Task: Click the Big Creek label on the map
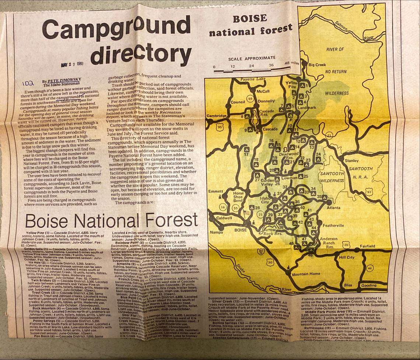(317, 65)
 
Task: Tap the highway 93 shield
(369, 191)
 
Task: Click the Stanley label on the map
(351, 160)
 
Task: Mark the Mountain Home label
(306, 274)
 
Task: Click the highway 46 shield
(370, 269)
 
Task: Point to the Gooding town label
(368, 285)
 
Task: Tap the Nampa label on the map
(217, 232)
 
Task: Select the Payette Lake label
(252, 79)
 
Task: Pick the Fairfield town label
(367, 246)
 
